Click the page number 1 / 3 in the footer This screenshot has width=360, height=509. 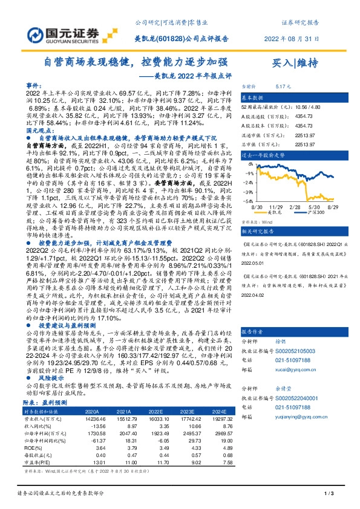329,495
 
